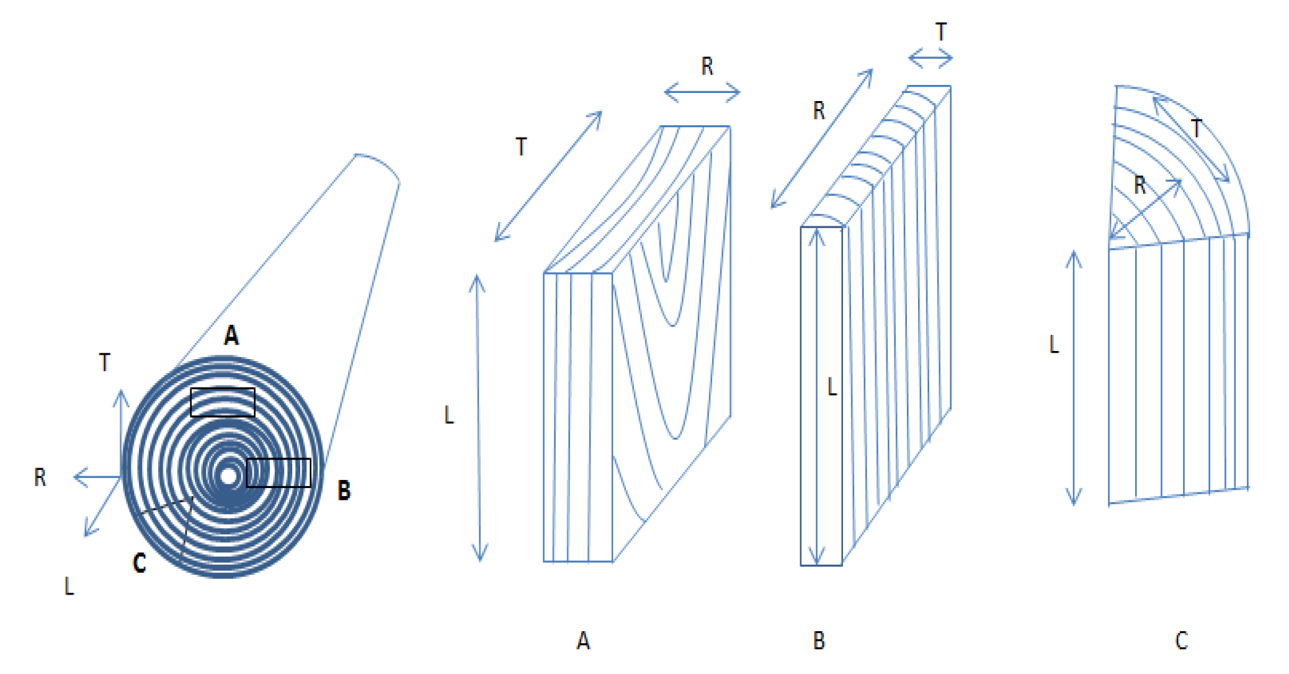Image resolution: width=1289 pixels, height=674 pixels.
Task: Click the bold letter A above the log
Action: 231,335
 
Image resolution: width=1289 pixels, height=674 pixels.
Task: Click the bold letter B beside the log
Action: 344,490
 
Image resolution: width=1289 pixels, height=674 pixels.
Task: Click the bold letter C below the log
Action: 140,563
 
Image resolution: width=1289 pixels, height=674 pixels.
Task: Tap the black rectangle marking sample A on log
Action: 223,402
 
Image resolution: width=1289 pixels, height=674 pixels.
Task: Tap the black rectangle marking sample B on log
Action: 279,473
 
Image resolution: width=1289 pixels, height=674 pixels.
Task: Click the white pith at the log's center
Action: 229,476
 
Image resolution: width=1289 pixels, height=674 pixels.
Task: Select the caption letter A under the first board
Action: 582,641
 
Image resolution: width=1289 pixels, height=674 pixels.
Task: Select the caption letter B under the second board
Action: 819,641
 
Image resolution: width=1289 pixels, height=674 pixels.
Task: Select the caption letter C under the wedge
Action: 1181,641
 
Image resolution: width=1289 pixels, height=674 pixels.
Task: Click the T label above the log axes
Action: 105,362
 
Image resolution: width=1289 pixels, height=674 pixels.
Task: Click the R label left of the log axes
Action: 40,477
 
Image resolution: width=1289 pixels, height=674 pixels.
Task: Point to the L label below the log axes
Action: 69,586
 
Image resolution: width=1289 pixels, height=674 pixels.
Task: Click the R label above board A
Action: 707,66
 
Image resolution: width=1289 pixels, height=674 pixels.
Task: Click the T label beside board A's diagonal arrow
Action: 521,147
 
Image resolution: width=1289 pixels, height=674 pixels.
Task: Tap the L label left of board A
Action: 449,415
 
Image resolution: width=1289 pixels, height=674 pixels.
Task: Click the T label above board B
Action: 941,32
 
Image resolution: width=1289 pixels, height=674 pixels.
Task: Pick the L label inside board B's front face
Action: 832,388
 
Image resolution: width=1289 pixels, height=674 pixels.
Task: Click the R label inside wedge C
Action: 1140,185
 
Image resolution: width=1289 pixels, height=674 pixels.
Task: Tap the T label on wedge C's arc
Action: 1197,129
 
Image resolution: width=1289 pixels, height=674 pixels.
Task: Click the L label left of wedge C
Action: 1053,345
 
